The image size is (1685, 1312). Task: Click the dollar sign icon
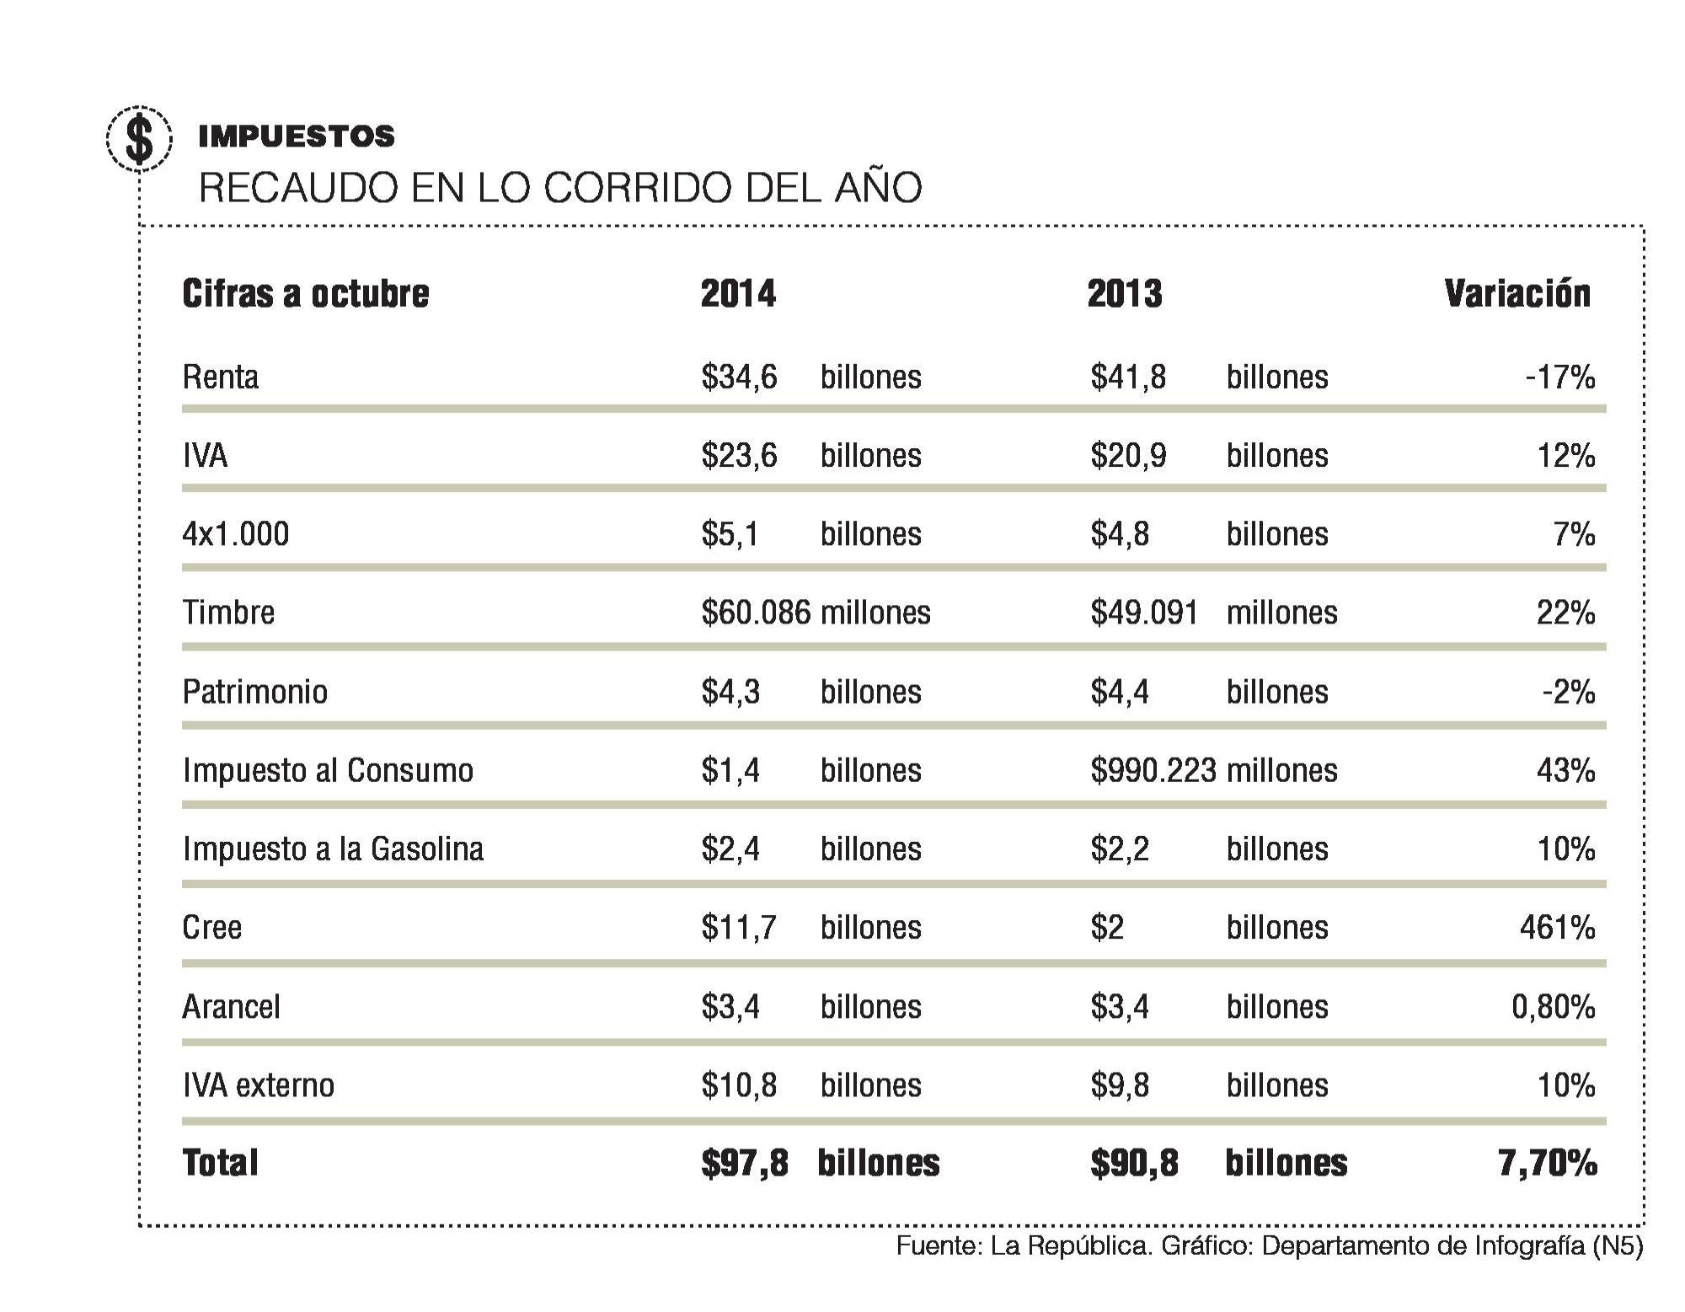(139, 139)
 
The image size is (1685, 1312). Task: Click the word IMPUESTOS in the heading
(296, 137)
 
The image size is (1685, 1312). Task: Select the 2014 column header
(738, 294)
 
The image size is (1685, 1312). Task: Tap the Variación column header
(1516, 294)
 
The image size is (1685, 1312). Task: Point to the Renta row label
(220, 377)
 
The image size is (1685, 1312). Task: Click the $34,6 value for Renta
(739, 377)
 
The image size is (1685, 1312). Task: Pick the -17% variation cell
(1559, 377)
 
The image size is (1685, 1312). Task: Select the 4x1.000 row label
(235, 534)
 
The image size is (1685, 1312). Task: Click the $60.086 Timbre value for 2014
(756, 613)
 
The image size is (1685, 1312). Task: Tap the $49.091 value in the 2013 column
(1143, 613)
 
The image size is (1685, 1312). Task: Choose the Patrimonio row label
(254, 692)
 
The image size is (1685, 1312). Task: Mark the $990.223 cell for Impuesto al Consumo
(1153, 770)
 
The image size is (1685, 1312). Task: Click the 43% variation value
(1565, 770)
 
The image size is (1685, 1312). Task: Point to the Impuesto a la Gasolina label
(333, 849)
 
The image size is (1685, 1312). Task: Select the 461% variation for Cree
(1557, 928)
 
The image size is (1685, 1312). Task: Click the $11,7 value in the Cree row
(738, 928)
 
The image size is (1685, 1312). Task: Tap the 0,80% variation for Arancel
(1553, 1006)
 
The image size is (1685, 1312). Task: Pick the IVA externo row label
(258, 1085)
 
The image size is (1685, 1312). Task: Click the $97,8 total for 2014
(744, 1164)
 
